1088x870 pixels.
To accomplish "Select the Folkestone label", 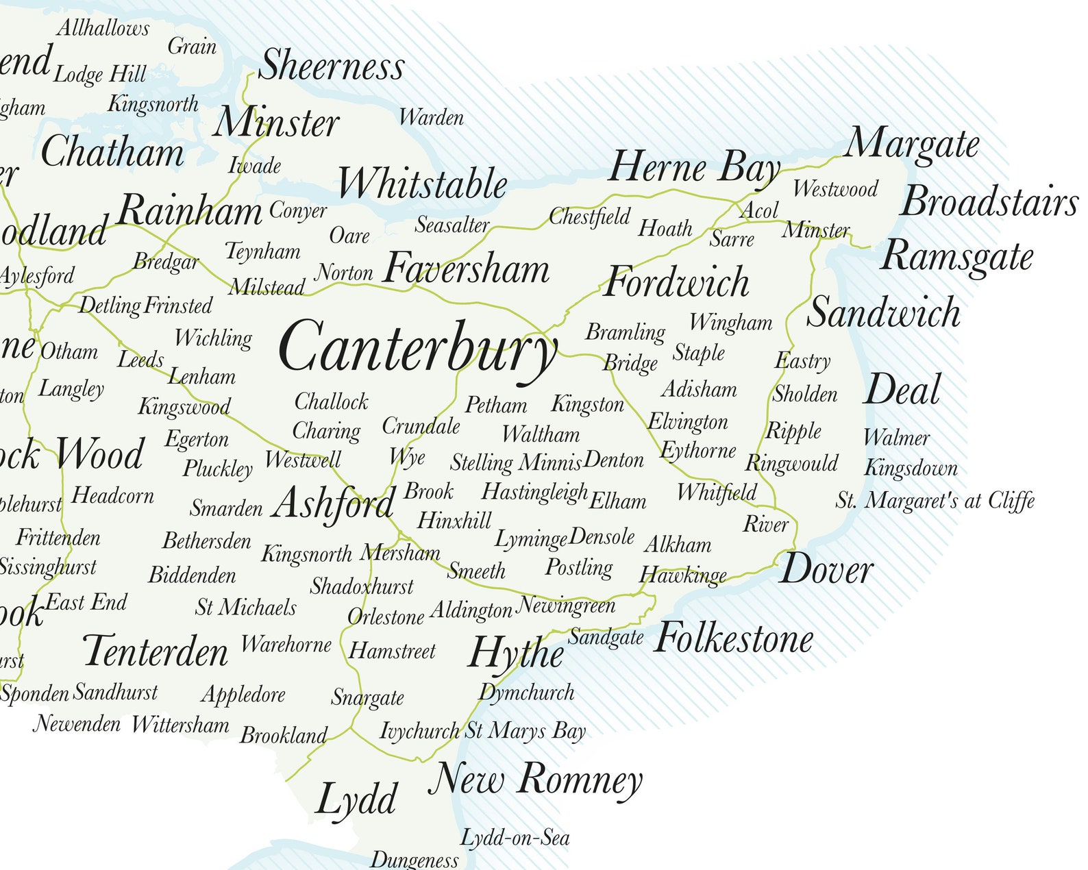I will coord(734,638).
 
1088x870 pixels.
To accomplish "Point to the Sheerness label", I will coord(332,66).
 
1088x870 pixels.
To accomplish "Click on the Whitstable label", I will coord(422,184).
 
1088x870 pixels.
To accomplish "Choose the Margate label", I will coord(912,145).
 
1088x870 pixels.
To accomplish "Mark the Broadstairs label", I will coord(989,202).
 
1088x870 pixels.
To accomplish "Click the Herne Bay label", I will coord(694,168).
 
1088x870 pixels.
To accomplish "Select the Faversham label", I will coord(467,269).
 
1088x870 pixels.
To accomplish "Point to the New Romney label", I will coord(536,780).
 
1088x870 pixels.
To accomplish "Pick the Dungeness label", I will coord(415,860).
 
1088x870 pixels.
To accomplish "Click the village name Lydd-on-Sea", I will coord(515,837).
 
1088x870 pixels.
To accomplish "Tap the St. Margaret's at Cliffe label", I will coord(935,501).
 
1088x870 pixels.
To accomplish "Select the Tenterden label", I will coord(156,651).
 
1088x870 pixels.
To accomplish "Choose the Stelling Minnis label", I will coord(516,463).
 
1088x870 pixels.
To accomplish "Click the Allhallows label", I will coord(103,28).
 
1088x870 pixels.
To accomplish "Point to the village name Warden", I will coord(431,118).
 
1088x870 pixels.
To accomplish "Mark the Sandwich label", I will coord(884,312).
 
